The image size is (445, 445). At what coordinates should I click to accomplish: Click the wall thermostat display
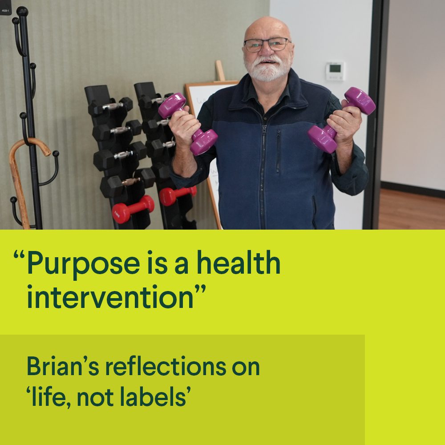point(335,71)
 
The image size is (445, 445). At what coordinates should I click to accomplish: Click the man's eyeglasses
point(267,45)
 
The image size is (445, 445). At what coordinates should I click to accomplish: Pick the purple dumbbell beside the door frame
point(341,120)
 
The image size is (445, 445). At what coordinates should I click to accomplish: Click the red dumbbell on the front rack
point(133,209)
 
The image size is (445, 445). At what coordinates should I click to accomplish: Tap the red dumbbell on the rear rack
point(178,195)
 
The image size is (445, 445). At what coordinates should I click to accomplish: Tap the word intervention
point(110,296)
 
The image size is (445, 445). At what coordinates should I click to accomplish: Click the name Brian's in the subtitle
point(63,366)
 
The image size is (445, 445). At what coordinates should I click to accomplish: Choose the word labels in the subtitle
point(153,396)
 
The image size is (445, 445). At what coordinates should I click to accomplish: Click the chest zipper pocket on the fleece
point(279,151)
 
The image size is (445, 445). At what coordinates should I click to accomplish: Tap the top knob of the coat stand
point(22,12)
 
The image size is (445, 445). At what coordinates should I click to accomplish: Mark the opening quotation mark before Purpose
point(19,254)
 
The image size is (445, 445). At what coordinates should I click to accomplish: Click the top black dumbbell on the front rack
point(110,106)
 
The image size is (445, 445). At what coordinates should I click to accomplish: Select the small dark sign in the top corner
point(5,8)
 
